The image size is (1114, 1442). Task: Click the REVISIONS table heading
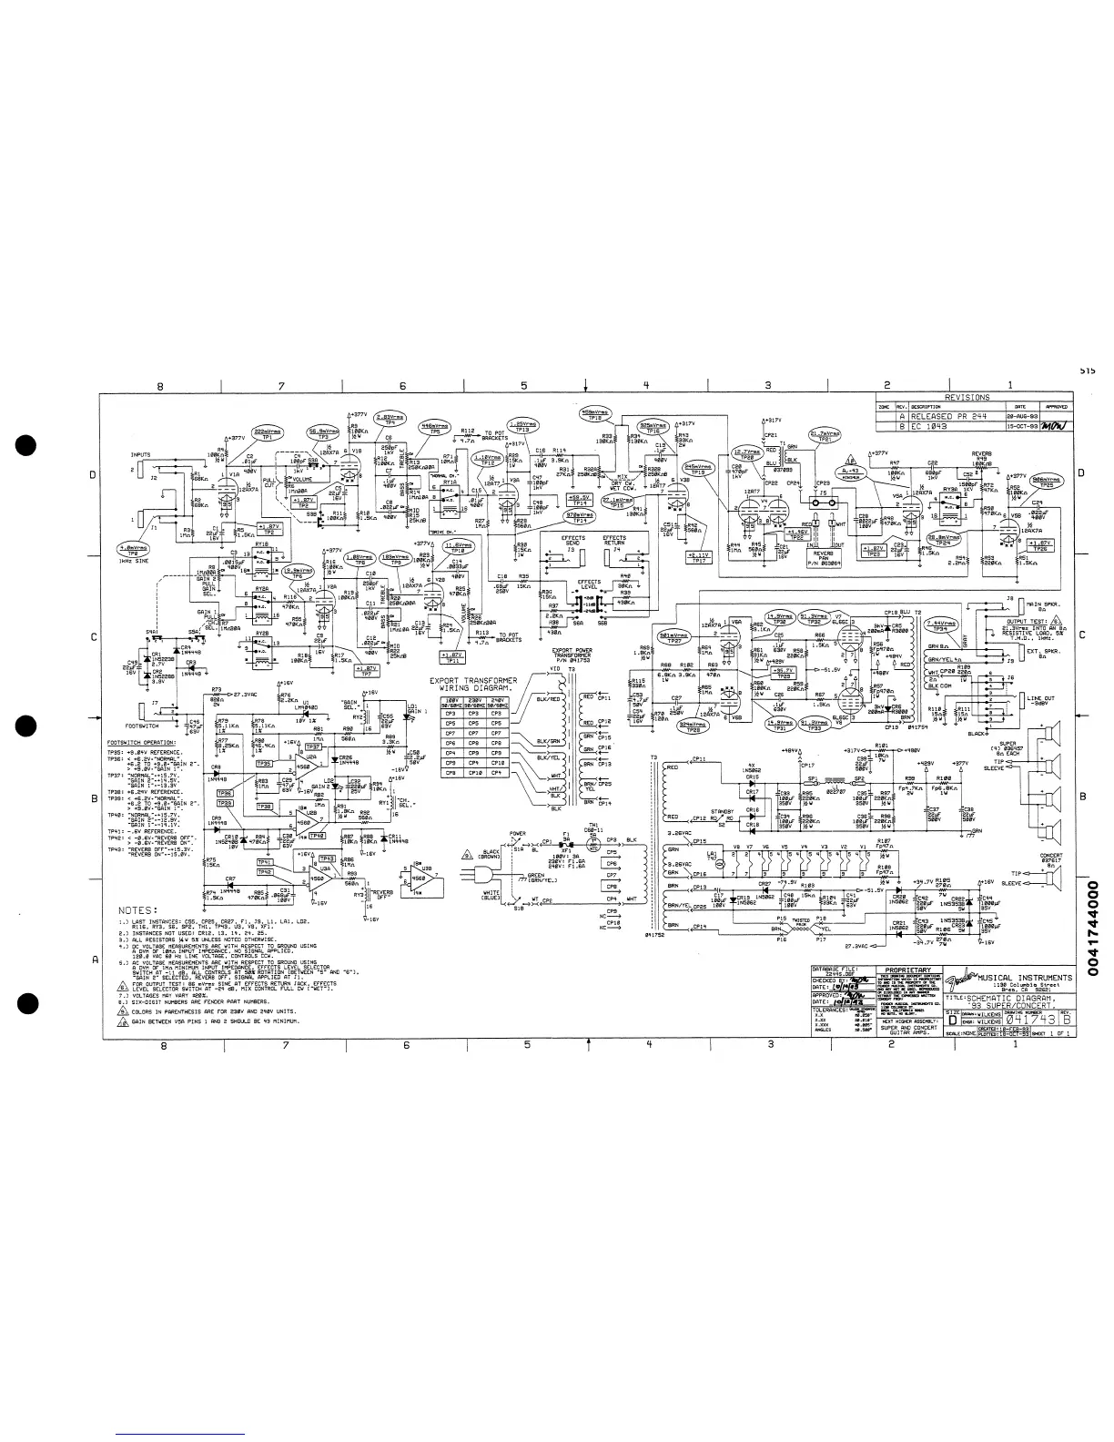pos(967,398)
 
